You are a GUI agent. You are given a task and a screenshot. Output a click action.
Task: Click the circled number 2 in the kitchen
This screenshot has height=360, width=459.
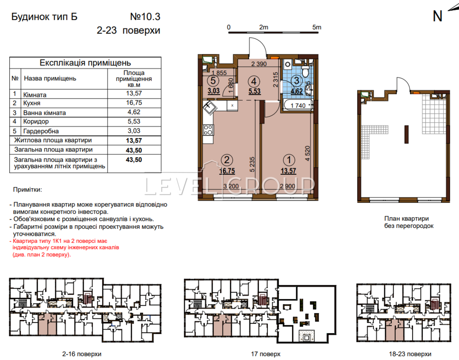(227, 160)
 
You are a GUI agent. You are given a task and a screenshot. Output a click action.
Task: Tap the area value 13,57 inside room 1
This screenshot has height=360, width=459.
(288, 171)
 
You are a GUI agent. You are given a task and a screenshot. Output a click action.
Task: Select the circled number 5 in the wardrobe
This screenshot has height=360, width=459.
(213, 81)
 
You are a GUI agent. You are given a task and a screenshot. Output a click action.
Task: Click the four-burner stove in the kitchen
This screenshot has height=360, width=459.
(208, 130)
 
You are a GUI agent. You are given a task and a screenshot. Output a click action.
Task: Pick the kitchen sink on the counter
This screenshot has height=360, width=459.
(209, 108)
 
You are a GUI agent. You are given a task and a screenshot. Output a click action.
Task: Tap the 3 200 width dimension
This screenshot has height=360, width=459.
(231, 186)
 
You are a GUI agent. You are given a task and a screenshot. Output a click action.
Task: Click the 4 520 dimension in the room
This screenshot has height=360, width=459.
(308, 154)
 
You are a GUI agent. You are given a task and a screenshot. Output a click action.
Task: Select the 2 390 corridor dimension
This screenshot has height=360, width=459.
(259, 64)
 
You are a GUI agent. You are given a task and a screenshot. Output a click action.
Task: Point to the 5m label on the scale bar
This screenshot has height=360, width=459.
(317, 27)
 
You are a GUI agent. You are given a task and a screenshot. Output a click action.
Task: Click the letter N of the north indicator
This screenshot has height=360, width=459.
(437, 16)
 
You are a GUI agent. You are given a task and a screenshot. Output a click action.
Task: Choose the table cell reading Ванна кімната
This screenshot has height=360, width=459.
(44, 113)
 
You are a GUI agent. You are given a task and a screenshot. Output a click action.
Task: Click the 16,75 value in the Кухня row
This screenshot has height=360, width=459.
(134, 103)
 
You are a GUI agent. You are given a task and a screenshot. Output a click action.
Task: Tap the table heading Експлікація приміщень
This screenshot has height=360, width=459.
(85, 63)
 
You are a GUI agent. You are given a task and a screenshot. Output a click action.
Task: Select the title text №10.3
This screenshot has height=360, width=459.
(145, 17)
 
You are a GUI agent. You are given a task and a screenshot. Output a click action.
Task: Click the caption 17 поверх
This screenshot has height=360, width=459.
(266, 354)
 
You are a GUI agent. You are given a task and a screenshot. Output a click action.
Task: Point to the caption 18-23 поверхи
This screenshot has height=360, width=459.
(410, 354)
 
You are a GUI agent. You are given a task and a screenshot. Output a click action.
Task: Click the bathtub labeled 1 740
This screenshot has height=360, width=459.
(298, 105)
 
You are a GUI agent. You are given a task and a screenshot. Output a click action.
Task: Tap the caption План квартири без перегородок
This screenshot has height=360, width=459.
(409, 222)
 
